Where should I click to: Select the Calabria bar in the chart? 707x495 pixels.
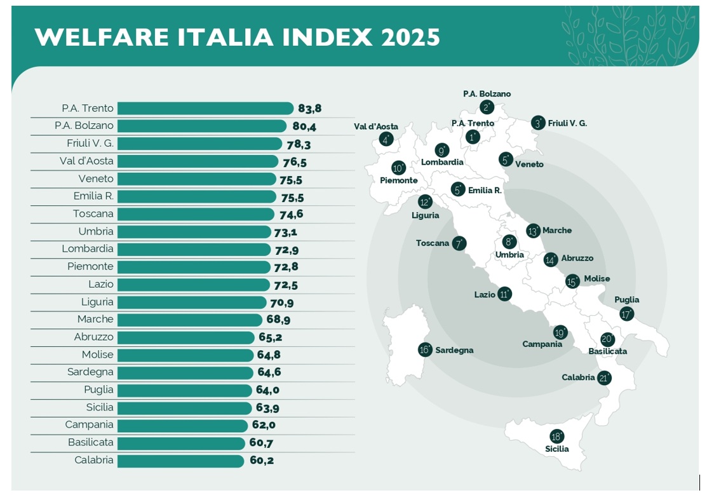point(180,461)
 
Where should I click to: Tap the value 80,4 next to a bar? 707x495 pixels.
point(304,126)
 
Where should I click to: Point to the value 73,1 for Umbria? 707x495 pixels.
point(286,233)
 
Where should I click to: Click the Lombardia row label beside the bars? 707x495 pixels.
point(88,249)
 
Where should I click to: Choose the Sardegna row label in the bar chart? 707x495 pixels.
point(90,372)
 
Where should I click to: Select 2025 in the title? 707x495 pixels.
point(410,37)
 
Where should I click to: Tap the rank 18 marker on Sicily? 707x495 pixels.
point(557,437)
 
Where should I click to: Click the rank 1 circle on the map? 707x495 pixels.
point(473,137)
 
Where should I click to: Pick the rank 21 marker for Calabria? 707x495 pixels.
point(604,378)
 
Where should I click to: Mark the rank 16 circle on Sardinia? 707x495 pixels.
point(425,349)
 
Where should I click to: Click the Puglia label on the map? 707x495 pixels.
point(627,300)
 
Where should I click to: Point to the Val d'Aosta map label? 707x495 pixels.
point(376,126)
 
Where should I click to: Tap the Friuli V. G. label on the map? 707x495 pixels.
point(567,123)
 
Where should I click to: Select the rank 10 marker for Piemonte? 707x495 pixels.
point(399,168)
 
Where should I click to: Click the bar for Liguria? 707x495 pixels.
point(191,302)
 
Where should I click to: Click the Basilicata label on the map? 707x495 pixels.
point(608,351)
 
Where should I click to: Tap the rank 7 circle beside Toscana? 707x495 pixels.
point(459,243)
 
